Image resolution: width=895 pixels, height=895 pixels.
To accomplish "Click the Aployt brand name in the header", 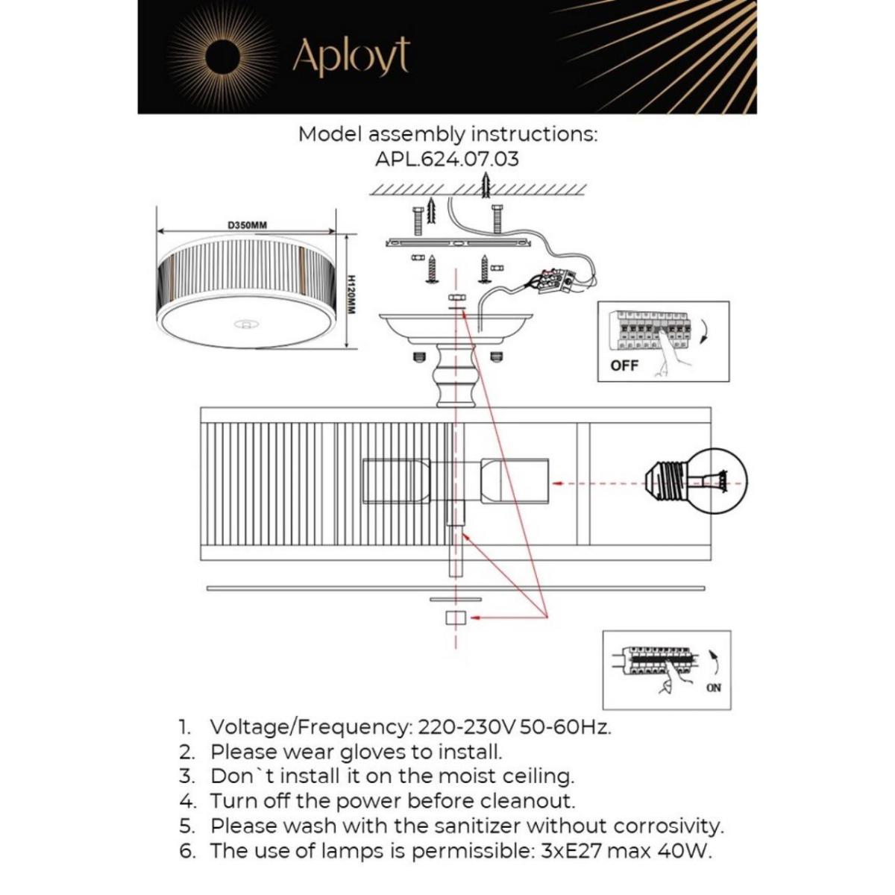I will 351,57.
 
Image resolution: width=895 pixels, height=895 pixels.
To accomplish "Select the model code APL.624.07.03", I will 447,159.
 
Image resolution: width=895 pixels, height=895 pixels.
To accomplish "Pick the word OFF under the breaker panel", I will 624,366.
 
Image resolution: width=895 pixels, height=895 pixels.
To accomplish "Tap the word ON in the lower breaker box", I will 713,688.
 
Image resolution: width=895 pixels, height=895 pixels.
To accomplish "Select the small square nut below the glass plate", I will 454,618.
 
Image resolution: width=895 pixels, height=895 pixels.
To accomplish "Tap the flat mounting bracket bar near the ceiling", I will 456,243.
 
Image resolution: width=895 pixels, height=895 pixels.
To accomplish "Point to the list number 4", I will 186,801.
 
